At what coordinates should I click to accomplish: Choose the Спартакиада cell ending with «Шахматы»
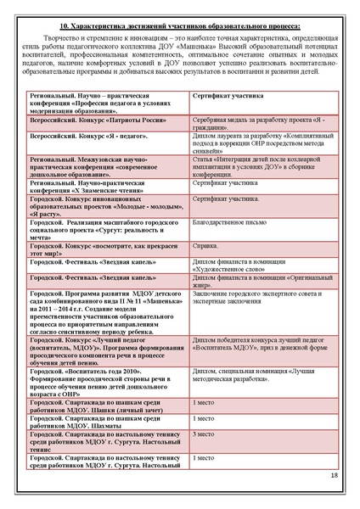point(108,422)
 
